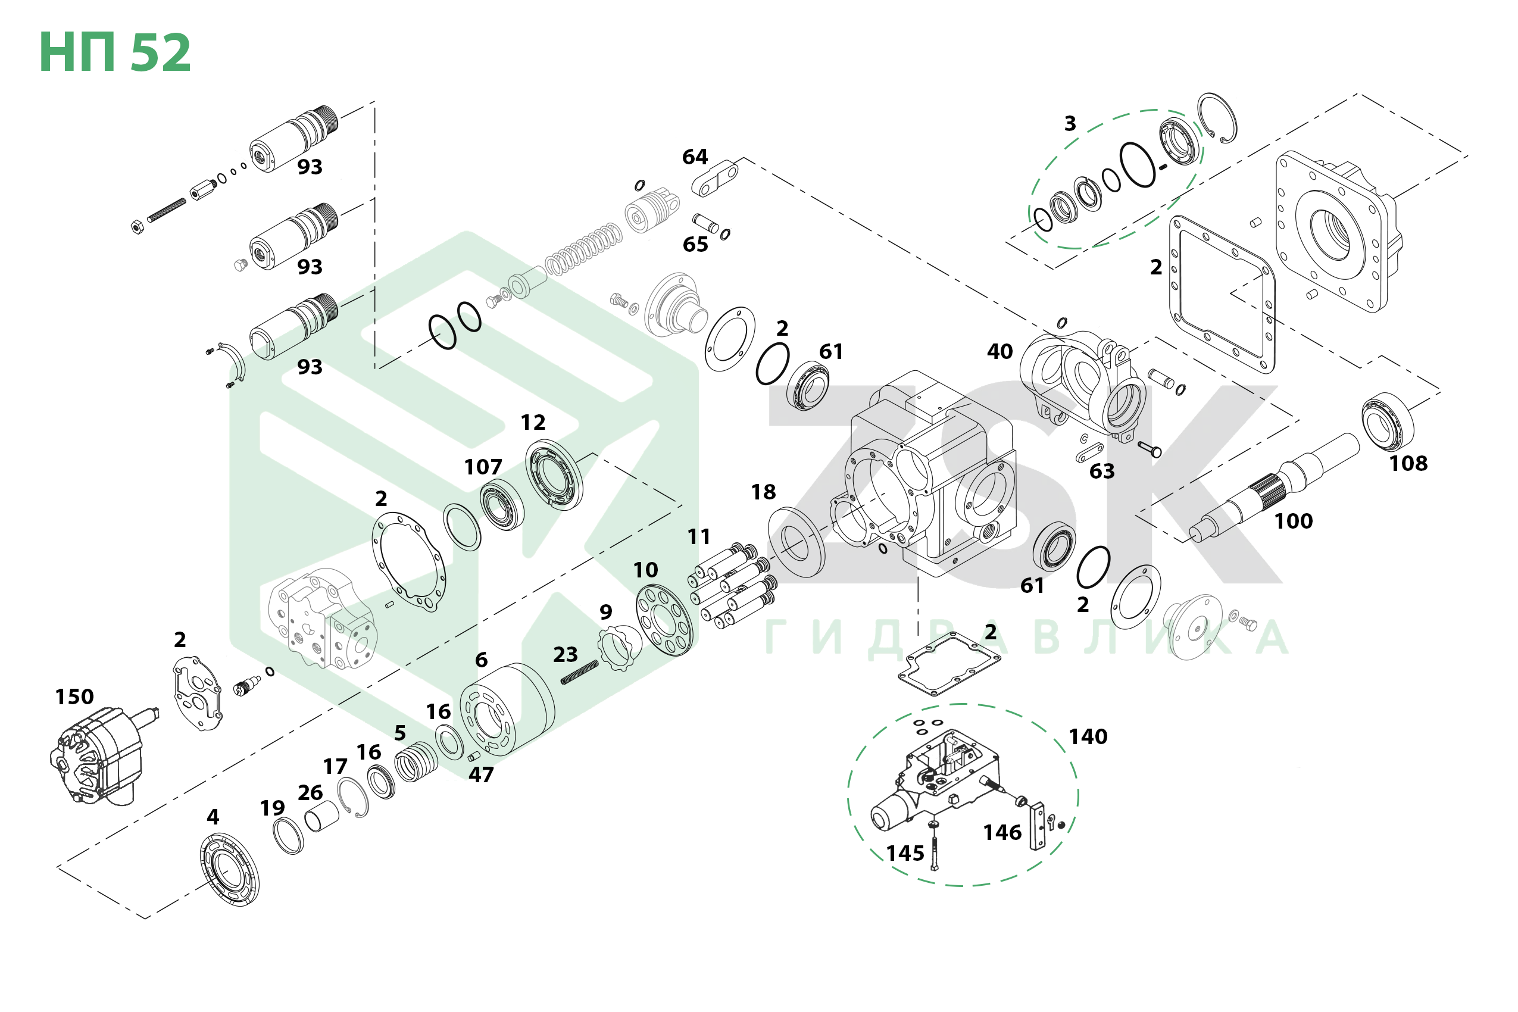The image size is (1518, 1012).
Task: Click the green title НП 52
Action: [x=115, y=52]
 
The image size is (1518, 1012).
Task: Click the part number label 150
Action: [x=74, y=697]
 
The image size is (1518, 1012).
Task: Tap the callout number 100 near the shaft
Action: [x=1293, y=521]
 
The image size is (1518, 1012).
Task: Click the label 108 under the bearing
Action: [x=1408, y=463]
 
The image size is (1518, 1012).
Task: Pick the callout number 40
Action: [x=999, y=352]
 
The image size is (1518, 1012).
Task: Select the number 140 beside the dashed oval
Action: [x=1088, y=736]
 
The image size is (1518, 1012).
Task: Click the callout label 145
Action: [x=905, y=853]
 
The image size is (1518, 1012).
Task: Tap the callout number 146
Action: [x=1002, y=833]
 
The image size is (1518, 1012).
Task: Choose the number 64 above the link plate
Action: [x=695, y=157]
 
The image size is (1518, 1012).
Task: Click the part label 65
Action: [x=695, y=245]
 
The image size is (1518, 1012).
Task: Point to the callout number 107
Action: [x=483, y=467]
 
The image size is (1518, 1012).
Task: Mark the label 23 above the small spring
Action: [x=566, y=654]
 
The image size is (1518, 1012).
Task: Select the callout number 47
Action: [x=481, y=774]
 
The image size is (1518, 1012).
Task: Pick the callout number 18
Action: [x=763, y=492]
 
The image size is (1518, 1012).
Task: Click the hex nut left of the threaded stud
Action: [x=137, y=227]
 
